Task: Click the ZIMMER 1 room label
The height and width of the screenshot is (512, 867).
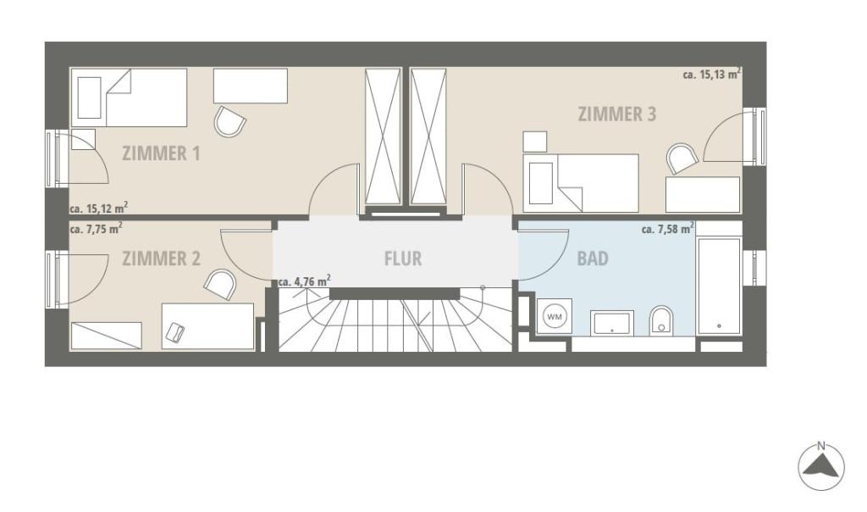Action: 161,153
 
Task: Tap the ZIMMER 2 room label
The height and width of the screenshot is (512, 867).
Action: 161,259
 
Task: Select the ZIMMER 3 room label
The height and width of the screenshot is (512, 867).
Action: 617,114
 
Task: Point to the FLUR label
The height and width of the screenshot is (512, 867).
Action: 403,259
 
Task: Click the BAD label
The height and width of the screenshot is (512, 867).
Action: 593,259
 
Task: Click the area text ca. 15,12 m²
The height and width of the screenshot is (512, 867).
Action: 99,209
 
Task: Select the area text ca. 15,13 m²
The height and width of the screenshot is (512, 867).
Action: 712,74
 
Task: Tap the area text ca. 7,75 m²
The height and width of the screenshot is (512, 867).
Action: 97,228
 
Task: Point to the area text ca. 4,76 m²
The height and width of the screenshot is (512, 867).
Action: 305,281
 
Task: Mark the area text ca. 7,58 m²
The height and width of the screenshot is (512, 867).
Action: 668,228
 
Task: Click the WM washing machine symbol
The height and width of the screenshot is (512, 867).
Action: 554,317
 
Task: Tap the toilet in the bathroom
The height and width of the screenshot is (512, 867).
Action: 661,320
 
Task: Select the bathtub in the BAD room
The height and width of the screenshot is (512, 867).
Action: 719,286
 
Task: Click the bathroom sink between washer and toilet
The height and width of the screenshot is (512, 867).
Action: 612,323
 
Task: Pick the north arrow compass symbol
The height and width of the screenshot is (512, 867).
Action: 821,466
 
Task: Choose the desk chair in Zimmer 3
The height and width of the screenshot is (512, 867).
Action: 682,159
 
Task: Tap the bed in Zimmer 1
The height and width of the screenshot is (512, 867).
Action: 130,97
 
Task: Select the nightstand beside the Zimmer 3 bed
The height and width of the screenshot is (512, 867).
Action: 535,142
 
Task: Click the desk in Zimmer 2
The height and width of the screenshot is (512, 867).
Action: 208,326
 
